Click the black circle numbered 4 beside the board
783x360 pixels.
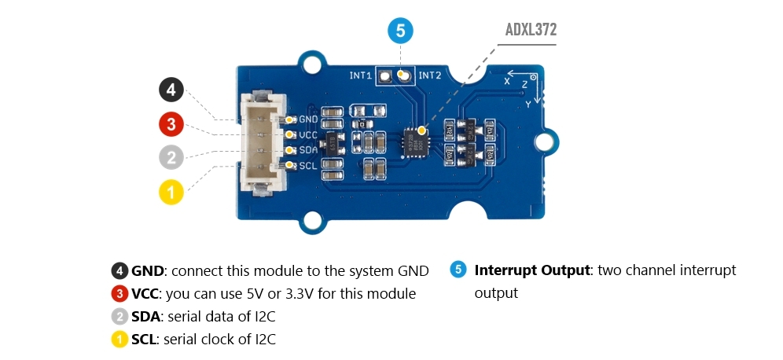(x=171, y=90)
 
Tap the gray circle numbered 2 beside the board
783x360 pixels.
(x=171, y=156)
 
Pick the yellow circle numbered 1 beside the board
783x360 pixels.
(x=171, y=191)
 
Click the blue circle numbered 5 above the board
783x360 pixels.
(x=400, y=32)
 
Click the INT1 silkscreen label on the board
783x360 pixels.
(x=360, y=76)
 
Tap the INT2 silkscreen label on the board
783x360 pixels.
(x=429, y=76)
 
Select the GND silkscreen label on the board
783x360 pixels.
(x=307, y=119)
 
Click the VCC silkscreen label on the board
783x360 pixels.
(x=307, y=134)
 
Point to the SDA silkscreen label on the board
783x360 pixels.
(x=307, y=149)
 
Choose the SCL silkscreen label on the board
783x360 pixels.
(x=307, y=165)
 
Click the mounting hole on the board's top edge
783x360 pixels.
(x=313, y=62)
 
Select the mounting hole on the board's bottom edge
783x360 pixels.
(x=313, y=222)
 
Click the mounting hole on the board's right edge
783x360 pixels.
(x=545, y=141)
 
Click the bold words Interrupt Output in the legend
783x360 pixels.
(x=531, y=270)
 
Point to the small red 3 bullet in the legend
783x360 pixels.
(x=119, y=294)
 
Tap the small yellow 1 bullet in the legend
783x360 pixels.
(x=119, y=340)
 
